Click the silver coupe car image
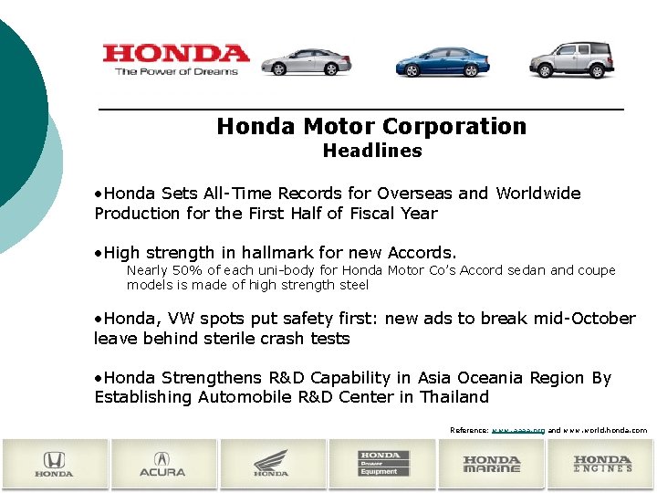[x=306, y=62]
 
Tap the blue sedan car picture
[x=442, y=61]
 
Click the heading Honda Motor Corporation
[x=371, y=126]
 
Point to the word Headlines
[x=371, y=151]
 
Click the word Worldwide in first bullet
[x=537, y=194]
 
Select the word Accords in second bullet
[x=420, y=253]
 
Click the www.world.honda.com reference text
[x=605, y=429]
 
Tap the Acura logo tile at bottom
[x=163, y=463]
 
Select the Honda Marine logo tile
[x=492, y=463]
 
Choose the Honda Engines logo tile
[x=602, y=463]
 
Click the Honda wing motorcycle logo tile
[x=272, y=463]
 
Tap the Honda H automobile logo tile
[x=54, y=463]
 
